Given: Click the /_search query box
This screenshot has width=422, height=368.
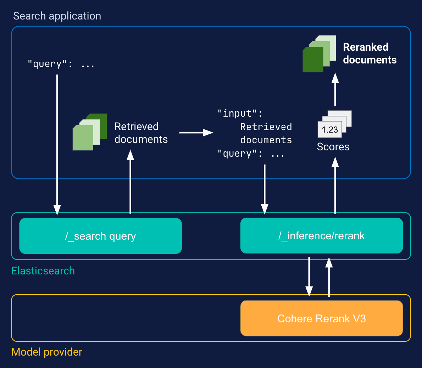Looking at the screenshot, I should pyautogui.click(x=100, y=236).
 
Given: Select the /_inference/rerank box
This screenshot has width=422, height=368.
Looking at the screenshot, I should pyautogui.click(x=321, y=236).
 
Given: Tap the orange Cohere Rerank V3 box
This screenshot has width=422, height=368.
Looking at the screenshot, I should pyautogui.click(x=321, y=318).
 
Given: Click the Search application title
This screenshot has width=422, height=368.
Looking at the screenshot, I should pyautogui.click(x=57, y=16).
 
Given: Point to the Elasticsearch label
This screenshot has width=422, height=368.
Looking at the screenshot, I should pyautogui.click(x=43, y=271).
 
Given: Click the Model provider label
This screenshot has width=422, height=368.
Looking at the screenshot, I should pyautogui.click(x=47, y=352).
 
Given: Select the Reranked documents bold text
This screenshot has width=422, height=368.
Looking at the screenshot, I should pyautogui.click(x=370, y=54).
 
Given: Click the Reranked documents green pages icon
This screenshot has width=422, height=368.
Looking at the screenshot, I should pyautogui.click(x=319, y=54).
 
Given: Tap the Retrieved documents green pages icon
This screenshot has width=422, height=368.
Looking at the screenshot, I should pyautogui.click(x=89, y=132).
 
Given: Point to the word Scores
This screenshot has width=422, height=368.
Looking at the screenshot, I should pyautogui.click(x=333, y=147).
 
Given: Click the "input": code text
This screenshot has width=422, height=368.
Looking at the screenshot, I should pyautogui.click(x=240, y=113).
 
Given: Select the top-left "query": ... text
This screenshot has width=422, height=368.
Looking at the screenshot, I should pyautogui.click(x=61, y=64).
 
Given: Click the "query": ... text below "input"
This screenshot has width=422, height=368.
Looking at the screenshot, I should pyautogui.click(x=251, y=154).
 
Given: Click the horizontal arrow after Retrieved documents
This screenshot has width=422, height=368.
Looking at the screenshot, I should pyautogui.click(x=196, y=133).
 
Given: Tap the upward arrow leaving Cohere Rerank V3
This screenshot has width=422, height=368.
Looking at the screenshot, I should pyautogui.click(x=329, y=277).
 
